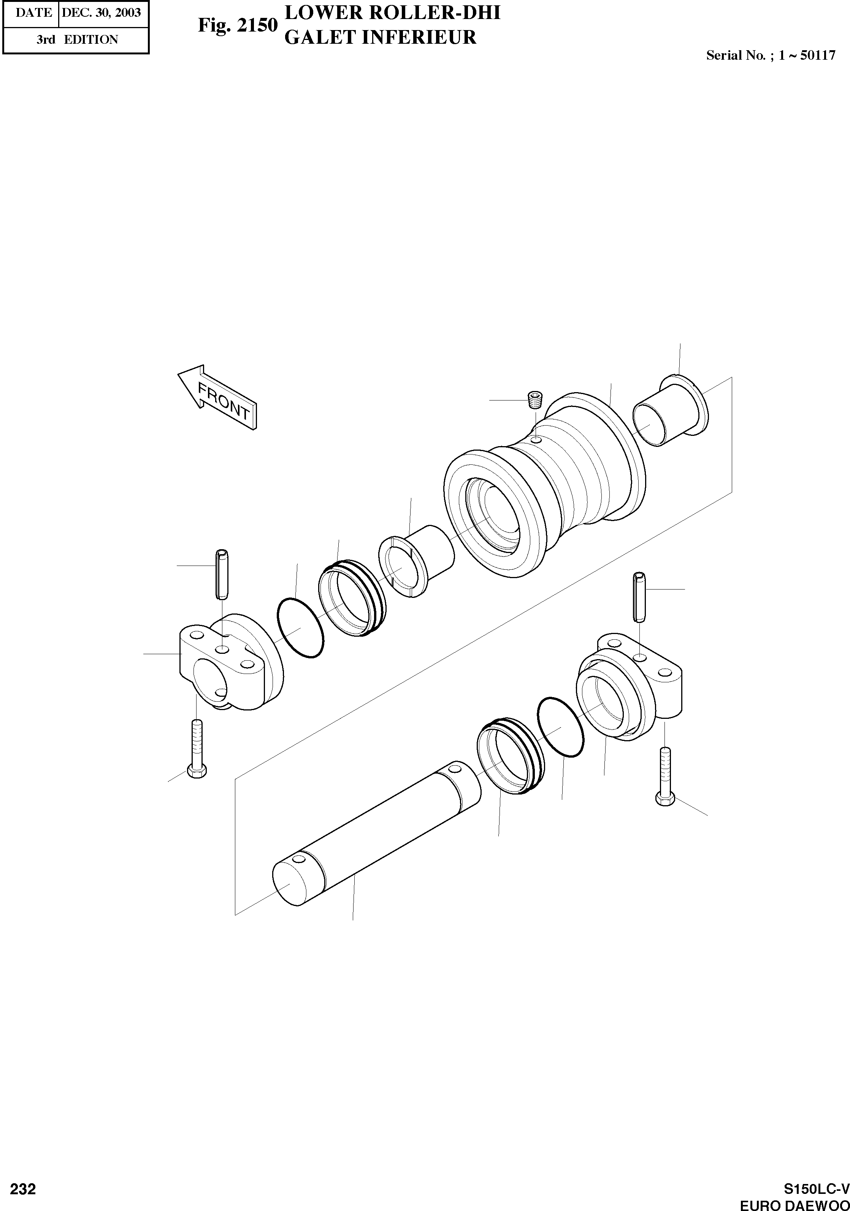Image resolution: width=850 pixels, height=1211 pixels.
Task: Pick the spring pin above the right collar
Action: [x=639, y=596]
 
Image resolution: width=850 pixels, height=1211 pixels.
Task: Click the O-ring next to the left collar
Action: [x=300, y=628]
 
